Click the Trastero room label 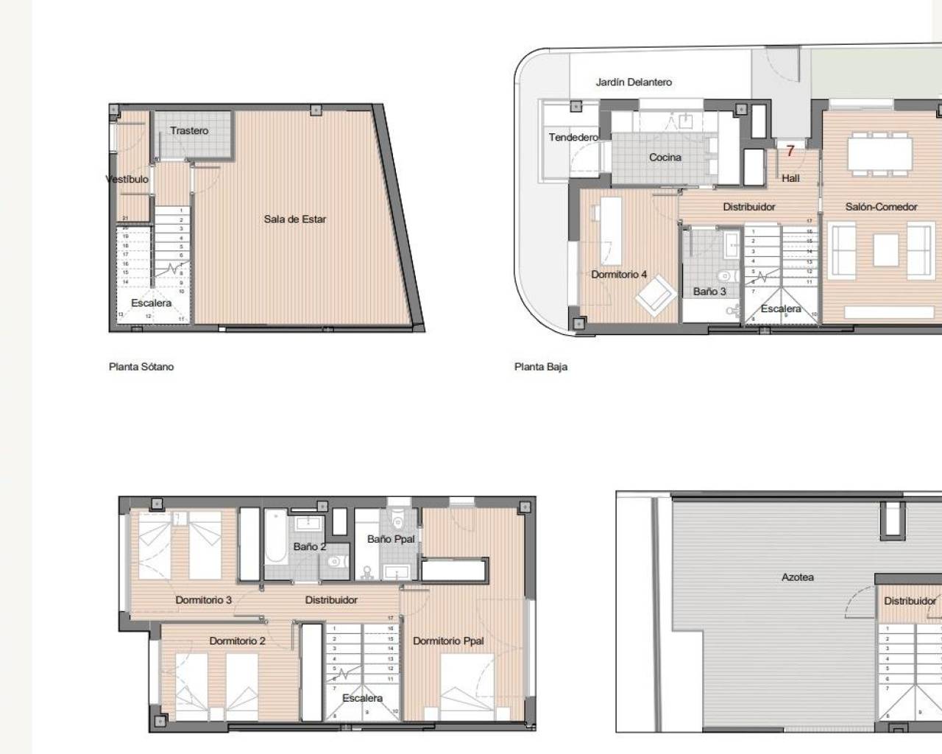[189, 131]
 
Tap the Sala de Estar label [294, 219]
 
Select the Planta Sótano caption [141, 367]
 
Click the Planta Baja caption [541, 367]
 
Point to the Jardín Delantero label [634, 82]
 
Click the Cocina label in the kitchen [665, 158]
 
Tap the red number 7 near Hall [790, 152]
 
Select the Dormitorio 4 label [619, 275]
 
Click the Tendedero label [573, 138]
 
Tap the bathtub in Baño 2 [277, 544]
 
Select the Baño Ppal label [391, 539]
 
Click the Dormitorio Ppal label [448, 641]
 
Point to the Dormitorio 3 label [203, 600]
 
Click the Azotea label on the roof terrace [797, 577]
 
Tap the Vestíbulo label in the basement [127, 180]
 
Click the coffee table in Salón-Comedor [885, 250]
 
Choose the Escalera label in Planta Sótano [151, 303]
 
